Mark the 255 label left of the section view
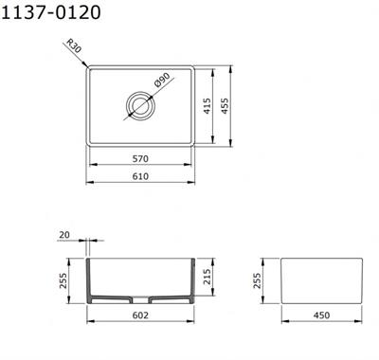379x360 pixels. [x=63, y=280]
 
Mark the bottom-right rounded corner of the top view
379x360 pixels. [x=190, y=143]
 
